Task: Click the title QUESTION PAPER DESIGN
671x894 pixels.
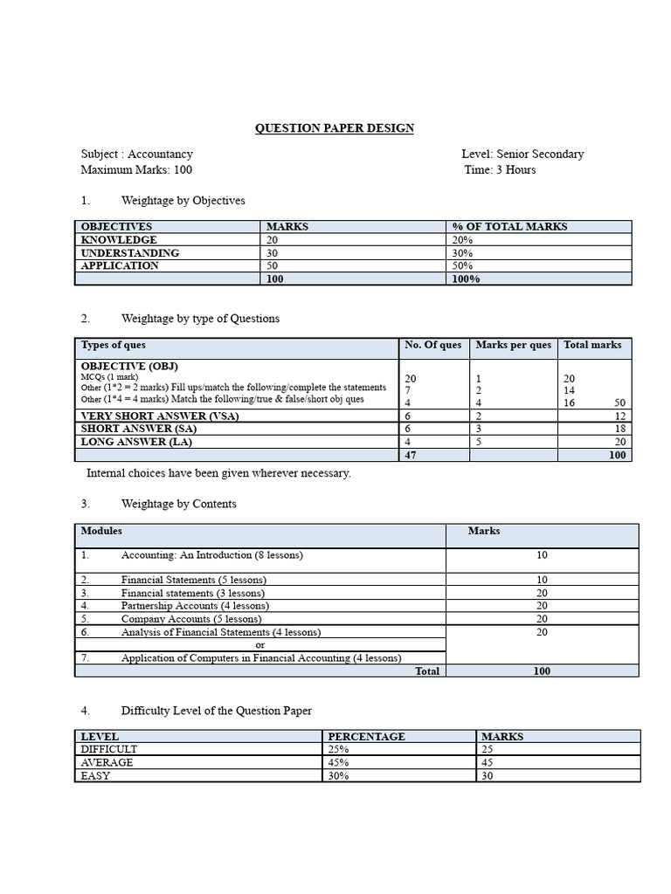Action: click(335, 128)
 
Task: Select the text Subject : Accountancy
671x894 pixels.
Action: click(137, 154)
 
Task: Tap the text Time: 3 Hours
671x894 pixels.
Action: click(500, 169)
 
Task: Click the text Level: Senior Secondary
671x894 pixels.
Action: click(522, 154)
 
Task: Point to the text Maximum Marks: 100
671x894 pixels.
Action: click(136, 169)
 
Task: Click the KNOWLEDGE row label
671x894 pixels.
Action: click(119, 239)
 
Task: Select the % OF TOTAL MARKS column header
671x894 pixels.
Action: click(509, 226)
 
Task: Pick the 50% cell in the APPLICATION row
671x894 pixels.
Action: click(462, 265)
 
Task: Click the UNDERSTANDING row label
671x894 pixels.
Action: click(130, 252)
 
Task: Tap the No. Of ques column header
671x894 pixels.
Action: click(432, 345)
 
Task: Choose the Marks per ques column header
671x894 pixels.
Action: click(513, 345)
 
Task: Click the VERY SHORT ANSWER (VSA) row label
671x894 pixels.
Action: click(160, 416)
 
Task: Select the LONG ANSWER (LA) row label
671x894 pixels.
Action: click(136, 442)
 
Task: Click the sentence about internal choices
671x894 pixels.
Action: click(218, 473)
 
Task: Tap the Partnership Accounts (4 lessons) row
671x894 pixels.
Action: click(195, 605)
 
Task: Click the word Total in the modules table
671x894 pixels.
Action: click(427, 670)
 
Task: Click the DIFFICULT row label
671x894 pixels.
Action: click(109, 749)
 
